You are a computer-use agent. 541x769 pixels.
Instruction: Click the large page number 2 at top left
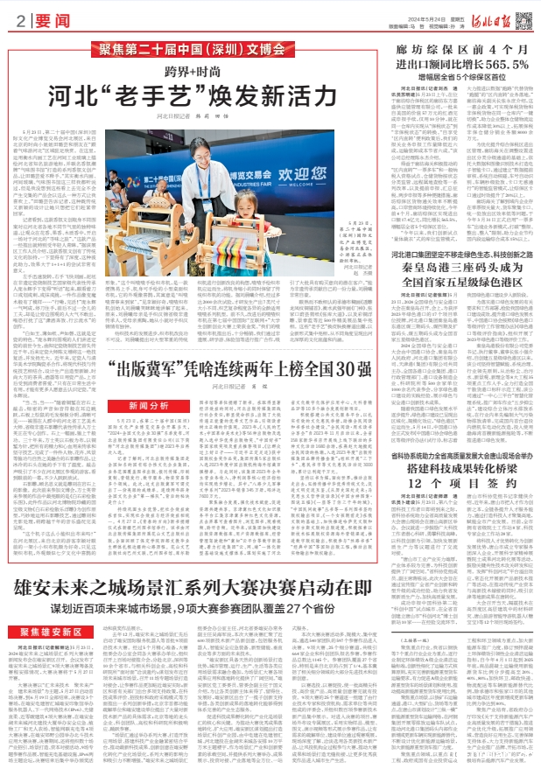(19, 19)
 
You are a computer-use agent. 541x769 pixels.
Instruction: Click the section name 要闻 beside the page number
(48, 19)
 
